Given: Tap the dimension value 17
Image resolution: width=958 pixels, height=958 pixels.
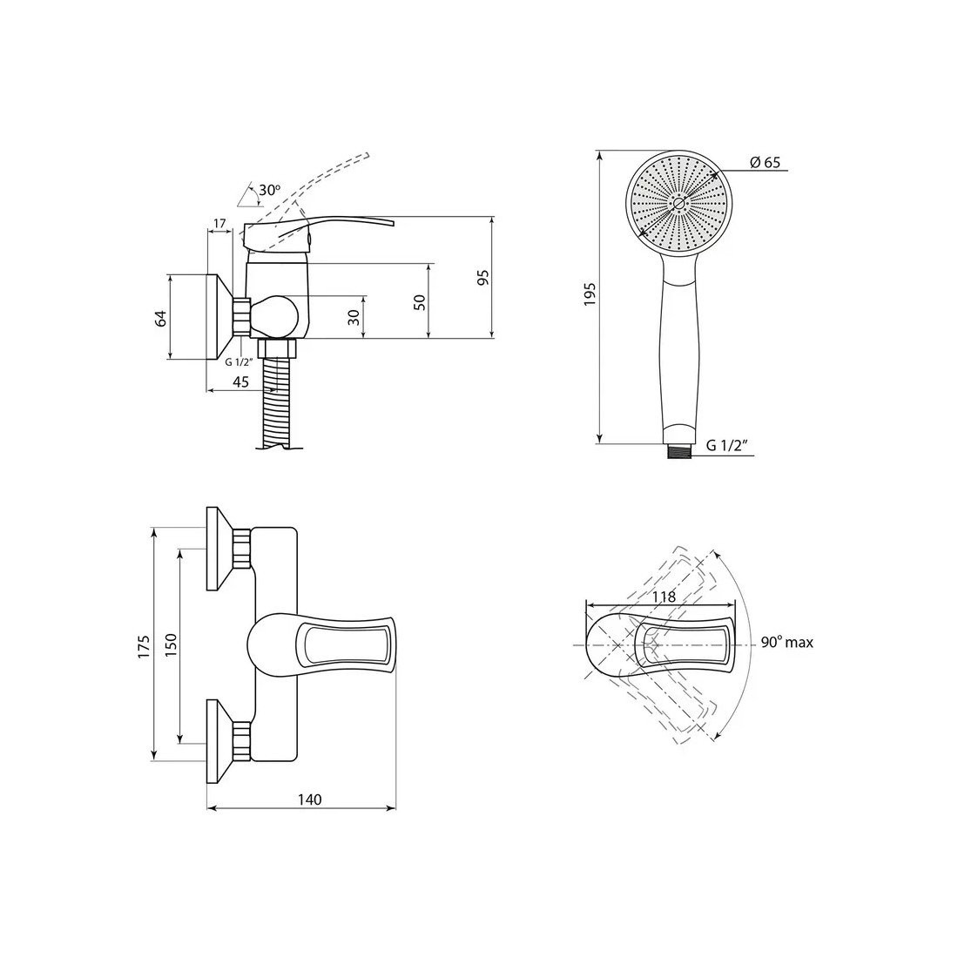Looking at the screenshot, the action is tap(220, 224).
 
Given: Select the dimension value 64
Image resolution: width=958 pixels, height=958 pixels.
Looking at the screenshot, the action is tap(160, 318).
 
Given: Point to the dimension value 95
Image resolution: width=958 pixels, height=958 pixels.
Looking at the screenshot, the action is tap(483, 278).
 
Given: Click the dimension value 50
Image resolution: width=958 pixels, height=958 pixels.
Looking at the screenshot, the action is tap(420, 302).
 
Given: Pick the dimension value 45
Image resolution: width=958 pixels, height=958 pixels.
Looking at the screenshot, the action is tap(240, 381).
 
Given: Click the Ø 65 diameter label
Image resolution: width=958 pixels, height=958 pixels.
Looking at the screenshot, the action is tap(765, 163).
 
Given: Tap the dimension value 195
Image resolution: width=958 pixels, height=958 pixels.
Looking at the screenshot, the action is tap(590, 294).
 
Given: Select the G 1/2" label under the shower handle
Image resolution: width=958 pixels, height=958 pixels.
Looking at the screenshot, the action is tap(727, 445).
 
